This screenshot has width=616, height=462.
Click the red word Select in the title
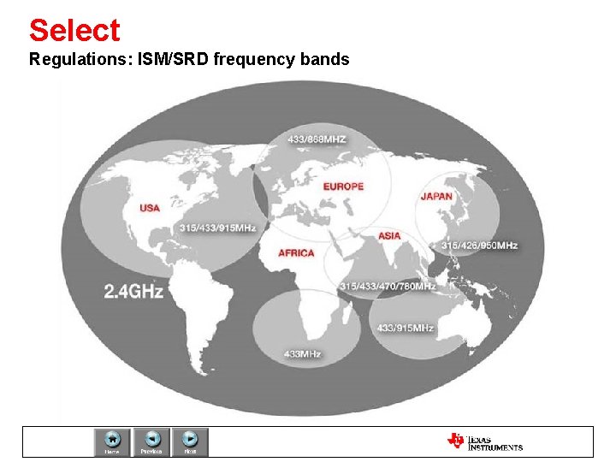[x=74, y=31]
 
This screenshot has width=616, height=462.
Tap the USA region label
[x=150, y=208]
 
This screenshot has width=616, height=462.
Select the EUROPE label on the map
[x=343, y=187]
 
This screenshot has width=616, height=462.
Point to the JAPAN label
[x=436, y=196]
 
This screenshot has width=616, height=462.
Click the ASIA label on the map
[x=389, y=236]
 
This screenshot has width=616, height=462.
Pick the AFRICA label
[x=296, y=252]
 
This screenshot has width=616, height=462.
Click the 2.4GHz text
[x=133, y=292]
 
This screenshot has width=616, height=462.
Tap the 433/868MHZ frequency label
[x=317, y=139]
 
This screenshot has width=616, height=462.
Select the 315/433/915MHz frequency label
[x=218, y=228]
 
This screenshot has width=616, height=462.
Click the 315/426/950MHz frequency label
[x=481, y=246]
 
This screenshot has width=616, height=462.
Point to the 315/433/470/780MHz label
[x=388, y=286]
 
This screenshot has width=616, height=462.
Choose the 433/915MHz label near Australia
[x=406, y=328]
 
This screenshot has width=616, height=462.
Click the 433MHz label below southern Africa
[x=302, y=353]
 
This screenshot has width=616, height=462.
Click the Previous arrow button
[x=151, y=441]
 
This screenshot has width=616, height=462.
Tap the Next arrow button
[x=191, y=441]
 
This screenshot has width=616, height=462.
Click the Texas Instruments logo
[x=484, y=441]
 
